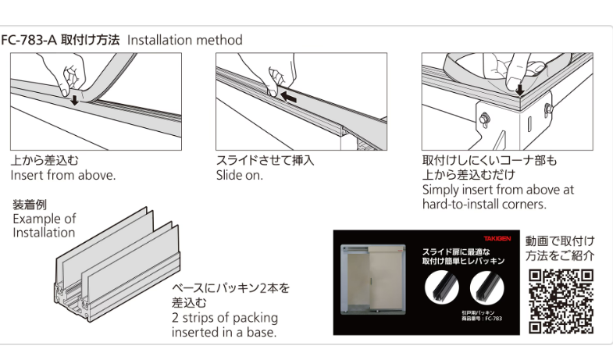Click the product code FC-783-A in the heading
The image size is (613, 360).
[x=29, y=40]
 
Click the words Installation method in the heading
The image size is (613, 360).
[x=184, y=40]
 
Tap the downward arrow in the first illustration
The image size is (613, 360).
[x=74, y=99]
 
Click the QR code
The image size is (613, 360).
[x=561, y=301]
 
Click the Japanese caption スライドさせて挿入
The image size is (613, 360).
[x=265, y=161]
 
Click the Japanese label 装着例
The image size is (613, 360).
[x=30, y=205]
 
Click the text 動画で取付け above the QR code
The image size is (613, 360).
[x=560, y=241]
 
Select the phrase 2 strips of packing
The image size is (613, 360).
[x=225, y=318]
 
